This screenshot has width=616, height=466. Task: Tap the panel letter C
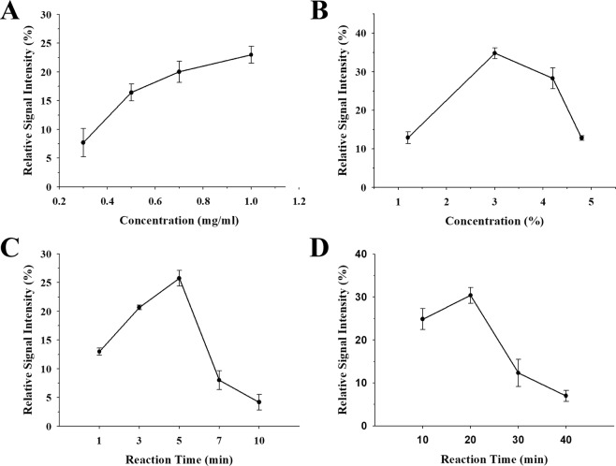pos(12,247)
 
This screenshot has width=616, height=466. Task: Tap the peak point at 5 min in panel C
pos(179,278)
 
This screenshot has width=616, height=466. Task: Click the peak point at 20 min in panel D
pos(470,295)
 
